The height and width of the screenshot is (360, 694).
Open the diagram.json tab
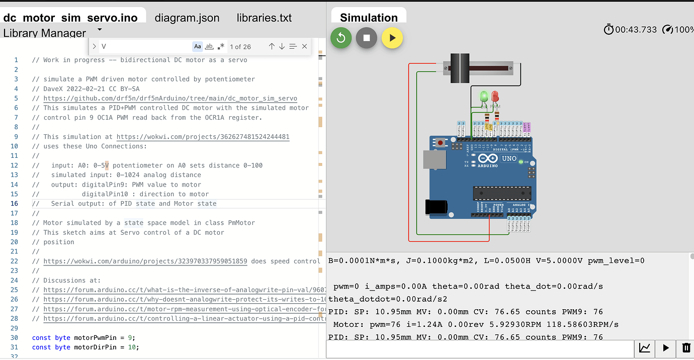pos(187,18)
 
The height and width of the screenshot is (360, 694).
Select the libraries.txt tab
pos(264,18)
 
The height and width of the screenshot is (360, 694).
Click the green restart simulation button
pos(341,38)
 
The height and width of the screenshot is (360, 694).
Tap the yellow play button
pos(392,38)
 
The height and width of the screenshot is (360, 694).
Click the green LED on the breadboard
pos(484,97)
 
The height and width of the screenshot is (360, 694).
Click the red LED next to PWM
pos(495,97)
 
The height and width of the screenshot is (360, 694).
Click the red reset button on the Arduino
pos(441,143)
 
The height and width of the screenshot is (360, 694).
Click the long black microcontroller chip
pos(501,193)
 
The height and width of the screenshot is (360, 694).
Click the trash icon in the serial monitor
pos(686,347)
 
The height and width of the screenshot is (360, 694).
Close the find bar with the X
pos(304,46)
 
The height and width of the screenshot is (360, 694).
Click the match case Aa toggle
pos(198,46)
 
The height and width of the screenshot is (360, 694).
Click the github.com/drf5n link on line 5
pos(170,99)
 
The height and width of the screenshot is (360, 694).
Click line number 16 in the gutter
pos(15,204)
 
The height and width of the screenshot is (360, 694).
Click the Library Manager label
pos(44,33)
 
